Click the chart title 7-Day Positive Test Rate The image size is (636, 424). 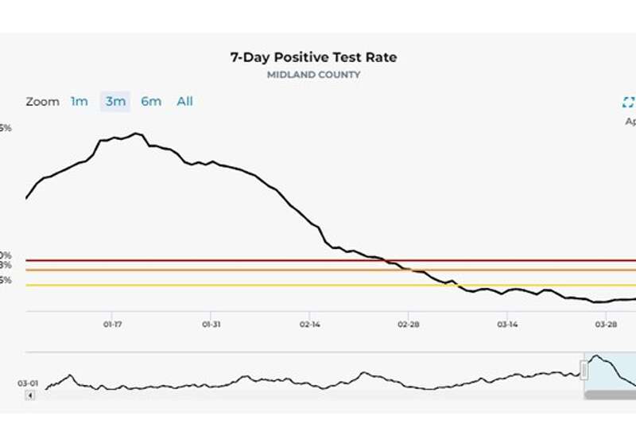pyautogui.click(x=312, y=57)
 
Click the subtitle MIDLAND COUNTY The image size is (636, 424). pyautogui.click(x=313, y=75)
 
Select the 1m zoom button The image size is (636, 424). pyautogui.click(x=79, y=101)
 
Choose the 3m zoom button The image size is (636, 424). pyautogui.click(x=115, y=101)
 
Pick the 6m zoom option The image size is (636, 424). pyautogui.click(x=151, y=101)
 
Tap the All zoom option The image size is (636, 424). pyautogui.click(x=184, y=101)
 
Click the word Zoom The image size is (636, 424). pyautogui.click(x=42, y=102)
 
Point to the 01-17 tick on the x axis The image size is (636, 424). pyautogui.click(x=112, y=324)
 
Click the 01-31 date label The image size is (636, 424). pyautogui.click(x=211, y=324)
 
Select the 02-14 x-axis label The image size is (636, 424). pyautogui.click(x=310, y=324)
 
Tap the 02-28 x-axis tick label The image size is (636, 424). pyautogui.click(x=409, y=324)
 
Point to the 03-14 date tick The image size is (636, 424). pyautogui.click(x=507, y=324)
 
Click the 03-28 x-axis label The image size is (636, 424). pyautogui.click(x=606, y=324)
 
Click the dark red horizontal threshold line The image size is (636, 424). pyautogui.click(x=238, y=260)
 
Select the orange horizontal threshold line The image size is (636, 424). pyautogui.click(x=238, y=270)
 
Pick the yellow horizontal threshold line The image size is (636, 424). pyautogui.click(x=238, y=285)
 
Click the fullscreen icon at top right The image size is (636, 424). pyautogui.click(x=628, y=102)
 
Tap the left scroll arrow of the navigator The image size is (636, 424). pyautogui.click(x=30, y=395)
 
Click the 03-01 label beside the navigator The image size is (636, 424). pyautogui.click(x=28, y=383)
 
